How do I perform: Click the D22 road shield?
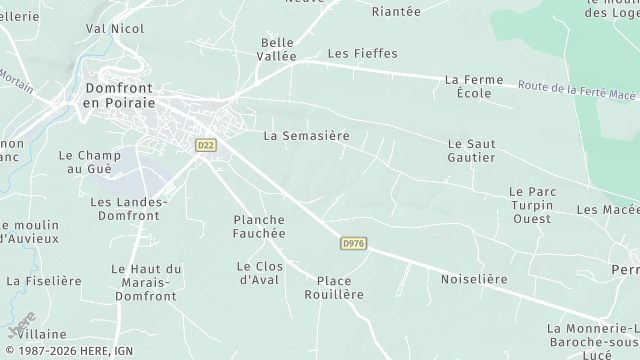click(x=206, y=145)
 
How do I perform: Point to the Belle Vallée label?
click(x=279, y=50)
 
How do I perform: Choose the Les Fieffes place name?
click(x=362, y=53)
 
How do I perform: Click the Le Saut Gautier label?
click(x=471, y=151)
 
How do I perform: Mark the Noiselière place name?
click(x=474, y=279)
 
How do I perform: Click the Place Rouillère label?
click(x=334, y=288)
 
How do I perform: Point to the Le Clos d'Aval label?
click(x=260, y=272)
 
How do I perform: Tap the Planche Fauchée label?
click(x=259, y=226)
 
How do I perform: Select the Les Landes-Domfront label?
click(x=129, y=208)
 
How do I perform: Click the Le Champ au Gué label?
click(x=90, y=162)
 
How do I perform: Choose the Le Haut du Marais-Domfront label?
click(x=146, y=276)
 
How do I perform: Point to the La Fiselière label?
click(x=44, y=282)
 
